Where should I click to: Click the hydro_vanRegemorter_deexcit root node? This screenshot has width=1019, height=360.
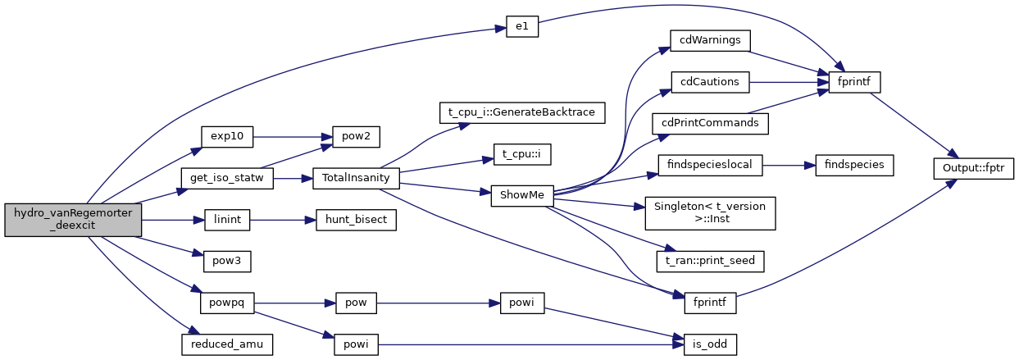point(73,221)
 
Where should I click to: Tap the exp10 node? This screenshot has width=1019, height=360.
point(227,137)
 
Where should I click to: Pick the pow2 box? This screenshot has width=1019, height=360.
point(355,137)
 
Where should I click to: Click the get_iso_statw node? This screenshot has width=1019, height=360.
point(227,178)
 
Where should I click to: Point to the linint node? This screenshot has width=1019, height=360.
point(226,220)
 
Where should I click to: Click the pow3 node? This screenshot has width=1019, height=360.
point(226,262)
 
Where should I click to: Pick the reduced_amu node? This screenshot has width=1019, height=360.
point(226,344)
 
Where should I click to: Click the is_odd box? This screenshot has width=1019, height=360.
point(709,344)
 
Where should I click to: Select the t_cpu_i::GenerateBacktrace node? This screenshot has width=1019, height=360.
point(522,111)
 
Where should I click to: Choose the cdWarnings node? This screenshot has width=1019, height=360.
point(710,40)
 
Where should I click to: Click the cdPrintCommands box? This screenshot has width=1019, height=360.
point(710,123)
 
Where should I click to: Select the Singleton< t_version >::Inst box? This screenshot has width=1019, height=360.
point(710,212)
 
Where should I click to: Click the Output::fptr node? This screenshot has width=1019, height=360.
point(974,166)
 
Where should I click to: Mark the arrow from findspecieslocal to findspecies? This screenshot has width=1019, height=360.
point(788,165)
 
